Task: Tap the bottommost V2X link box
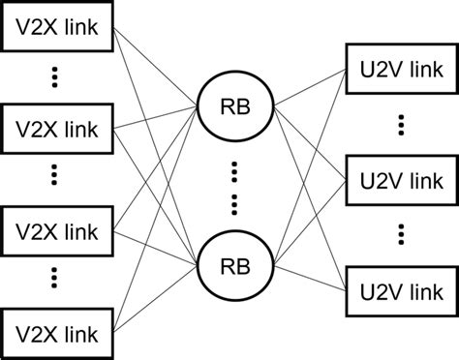[58, 332]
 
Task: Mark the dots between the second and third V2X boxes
[54, 177]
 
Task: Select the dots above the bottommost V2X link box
[54, 282]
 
